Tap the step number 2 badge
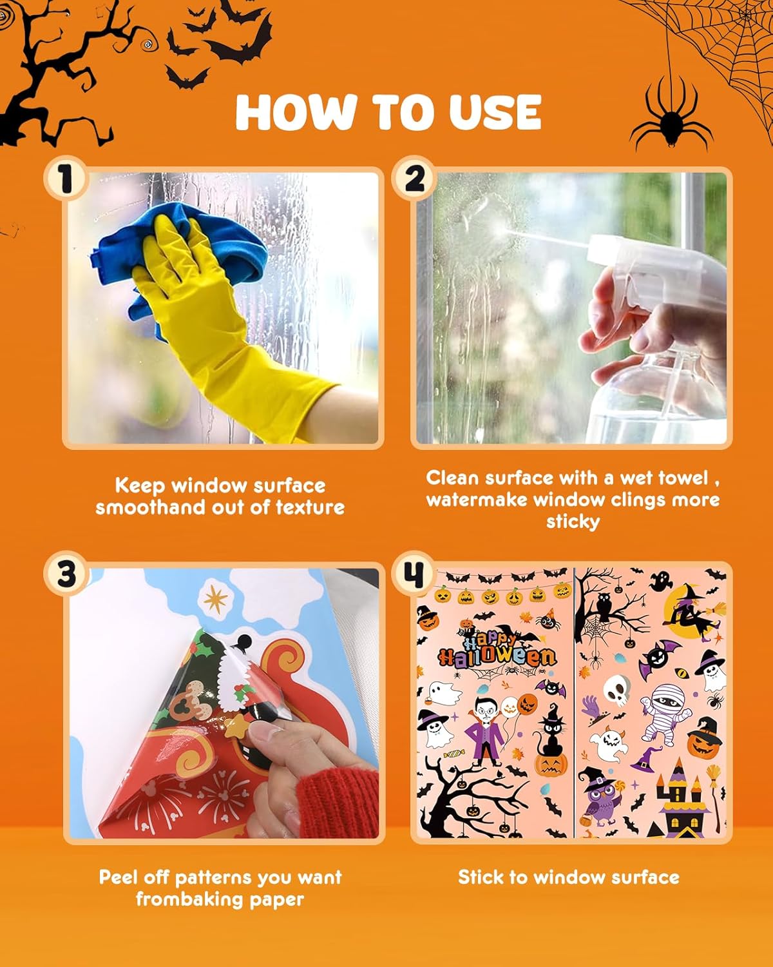(414, 179)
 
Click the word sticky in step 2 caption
(573, 521)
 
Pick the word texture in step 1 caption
(310, 507)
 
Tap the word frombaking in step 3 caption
(181, 899)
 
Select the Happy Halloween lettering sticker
(496, 648)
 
